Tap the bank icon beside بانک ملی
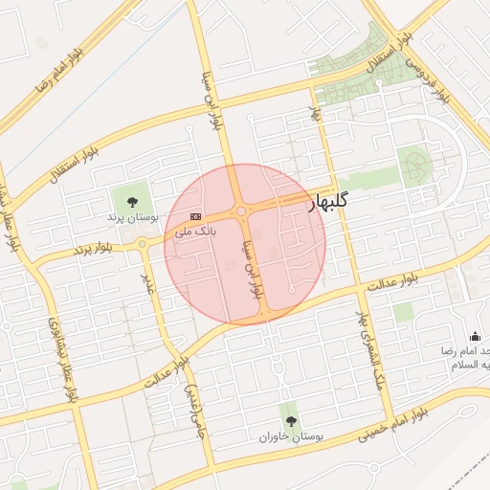point(196,216)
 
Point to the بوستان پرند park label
point(131,217)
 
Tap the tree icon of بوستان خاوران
point(291,420)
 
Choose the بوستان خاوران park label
point(291,436)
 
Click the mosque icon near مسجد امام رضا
point(475,336)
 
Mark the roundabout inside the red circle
point(241,212)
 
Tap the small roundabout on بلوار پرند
point(143,243)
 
